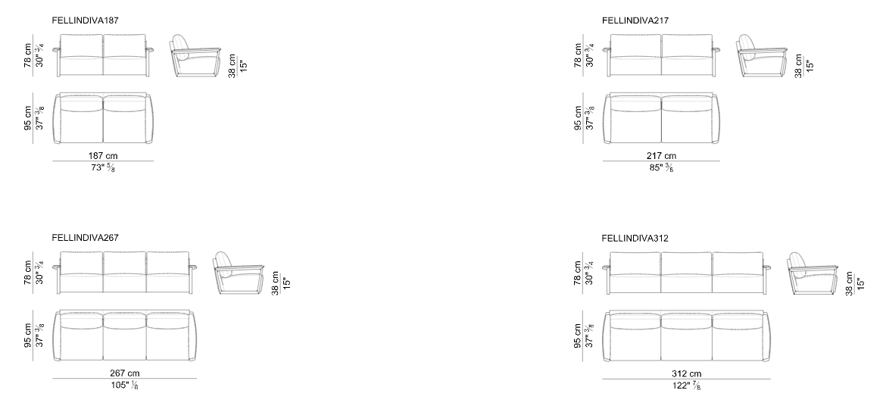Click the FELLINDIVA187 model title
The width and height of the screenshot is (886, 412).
pyautogui.click(x=86, y=20)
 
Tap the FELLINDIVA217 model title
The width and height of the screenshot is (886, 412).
pyautogui.click(x=635, y=20)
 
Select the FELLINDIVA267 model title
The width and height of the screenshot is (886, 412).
pyautogui.click(x=86, y=238)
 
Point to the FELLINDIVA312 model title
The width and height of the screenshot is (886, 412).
pyautogui.click(x=635, y=239)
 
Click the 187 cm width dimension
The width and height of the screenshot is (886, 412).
pyautogui.click(x=104, y=155)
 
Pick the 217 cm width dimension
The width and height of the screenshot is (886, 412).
pyautogui.click(x=661, y=155)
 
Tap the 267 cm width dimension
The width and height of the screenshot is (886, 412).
pyautogui.click(x=124, y=373)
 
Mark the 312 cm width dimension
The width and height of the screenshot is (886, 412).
pyautogui.click(x=687, y=373)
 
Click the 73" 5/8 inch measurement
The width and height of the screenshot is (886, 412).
pyautogui.click(x=104, y=168)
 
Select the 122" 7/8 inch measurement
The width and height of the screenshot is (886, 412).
pyautogui.click(x=686, y=386)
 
